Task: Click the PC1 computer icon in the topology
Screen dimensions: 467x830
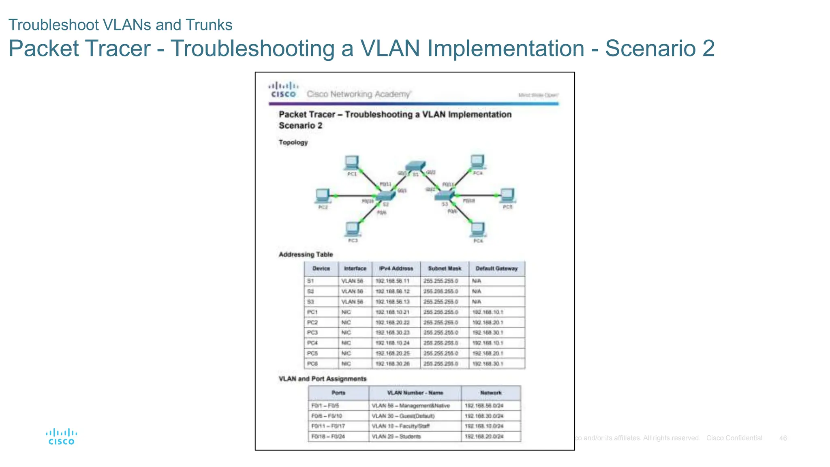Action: pyautogui.click(x=351, y=163)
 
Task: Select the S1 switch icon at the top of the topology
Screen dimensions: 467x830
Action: pyautogui.click(x=415, y=165)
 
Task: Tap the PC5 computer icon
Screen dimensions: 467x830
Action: pyautogui.click(x=507, y=195)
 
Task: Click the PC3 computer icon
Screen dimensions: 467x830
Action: pyautogui.click(x=352, y=229)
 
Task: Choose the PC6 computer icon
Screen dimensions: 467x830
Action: pyautogui.click(x=478, y=229)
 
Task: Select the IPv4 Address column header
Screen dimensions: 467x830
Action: pyautogui.click(x=396, y=268)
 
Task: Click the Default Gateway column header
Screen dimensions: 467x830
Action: pyautogui.click(x=496, y=268)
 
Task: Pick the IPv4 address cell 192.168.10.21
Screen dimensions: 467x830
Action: pyautogui.click(x=392, y=312)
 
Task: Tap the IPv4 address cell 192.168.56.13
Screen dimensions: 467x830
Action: pyautogui.click(x=392, y=302)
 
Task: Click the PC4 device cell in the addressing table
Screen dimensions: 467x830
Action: pyautogui.click(x=312, y=343)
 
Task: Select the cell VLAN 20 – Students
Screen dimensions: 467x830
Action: pyautogui.click(x=396, y=437)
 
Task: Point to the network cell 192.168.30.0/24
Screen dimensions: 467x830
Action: pyautogui.click(x=484, y=416)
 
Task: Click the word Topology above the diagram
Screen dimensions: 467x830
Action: pyautogui.click(x=293, y=142)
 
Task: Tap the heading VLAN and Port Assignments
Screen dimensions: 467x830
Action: pyautogui.click(x=322, y=379)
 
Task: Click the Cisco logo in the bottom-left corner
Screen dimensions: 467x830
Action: pyautogui.click(x=62, y=437)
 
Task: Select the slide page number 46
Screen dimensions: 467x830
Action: pyautogui.click(x=783, y=438)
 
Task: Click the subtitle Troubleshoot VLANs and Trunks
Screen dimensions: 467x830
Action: pyautogui.click(x=120, y=25)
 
